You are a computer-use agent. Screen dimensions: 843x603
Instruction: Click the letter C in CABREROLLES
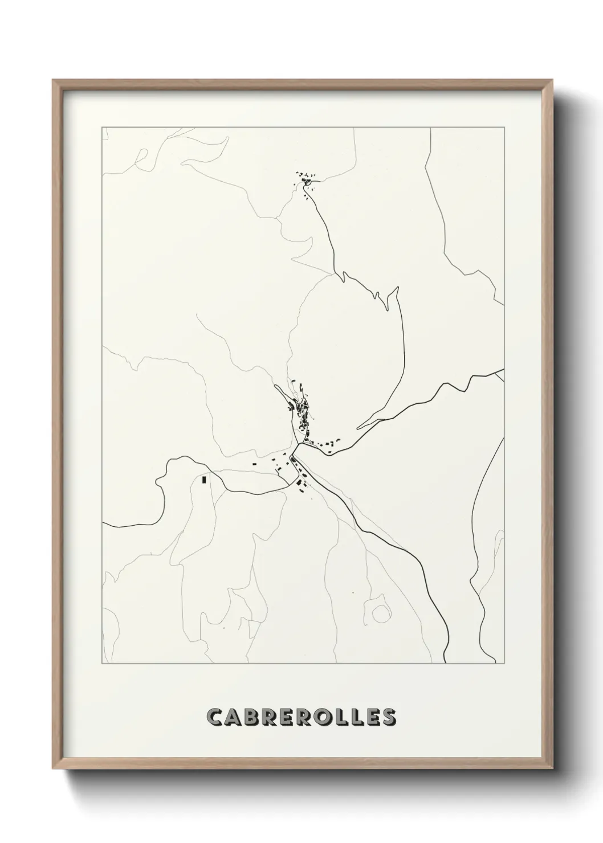[215, 718]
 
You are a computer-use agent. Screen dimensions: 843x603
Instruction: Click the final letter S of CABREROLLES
[388, 718]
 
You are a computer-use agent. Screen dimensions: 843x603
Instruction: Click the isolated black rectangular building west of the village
[203, 480]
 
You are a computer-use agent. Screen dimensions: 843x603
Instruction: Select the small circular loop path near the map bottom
[380, 613]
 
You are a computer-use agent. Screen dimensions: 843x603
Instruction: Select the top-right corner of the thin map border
[504, 127]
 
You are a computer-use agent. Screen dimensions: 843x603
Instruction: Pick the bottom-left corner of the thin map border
[102, 664]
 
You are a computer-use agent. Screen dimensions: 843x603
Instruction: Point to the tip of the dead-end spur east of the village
[358, 427]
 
